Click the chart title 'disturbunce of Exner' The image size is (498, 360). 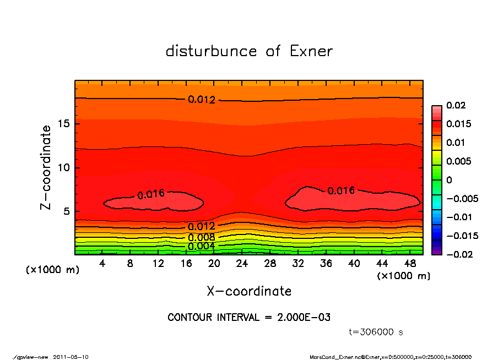point(249,52)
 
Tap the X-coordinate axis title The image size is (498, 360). point(249,291)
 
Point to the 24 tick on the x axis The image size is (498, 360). point(242,264)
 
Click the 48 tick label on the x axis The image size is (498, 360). point(409,264)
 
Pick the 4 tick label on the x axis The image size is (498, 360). point(102,264)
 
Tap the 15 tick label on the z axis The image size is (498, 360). point(63,124)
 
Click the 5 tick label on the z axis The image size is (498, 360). point(66,212)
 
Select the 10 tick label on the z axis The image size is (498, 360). point(63,168)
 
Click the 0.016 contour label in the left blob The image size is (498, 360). point(151,194)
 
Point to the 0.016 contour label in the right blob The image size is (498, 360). point(341,191)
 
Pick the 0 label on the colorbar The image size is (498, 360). point(449,180)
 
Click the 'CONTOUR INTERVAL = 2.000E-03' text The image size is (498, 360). point(249,318)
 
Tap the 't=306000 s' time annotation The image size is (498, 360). point(376,332)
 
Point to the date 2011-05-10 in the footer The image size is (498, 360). point(71,357)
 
